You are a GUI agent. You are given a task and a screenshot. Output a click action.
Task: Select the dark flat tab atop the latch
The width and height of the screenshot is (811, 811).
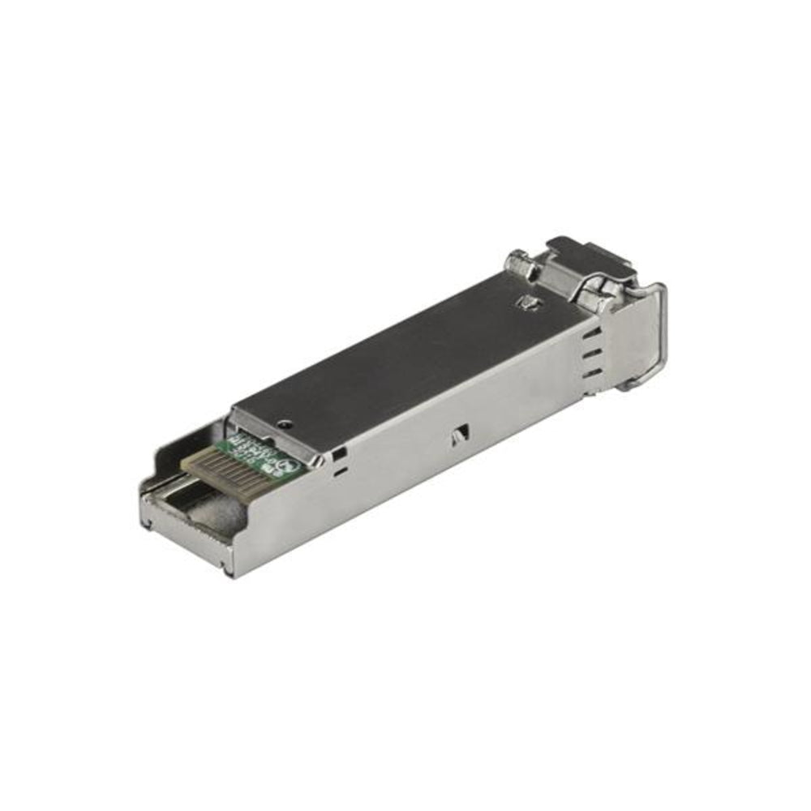(588, 251)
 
